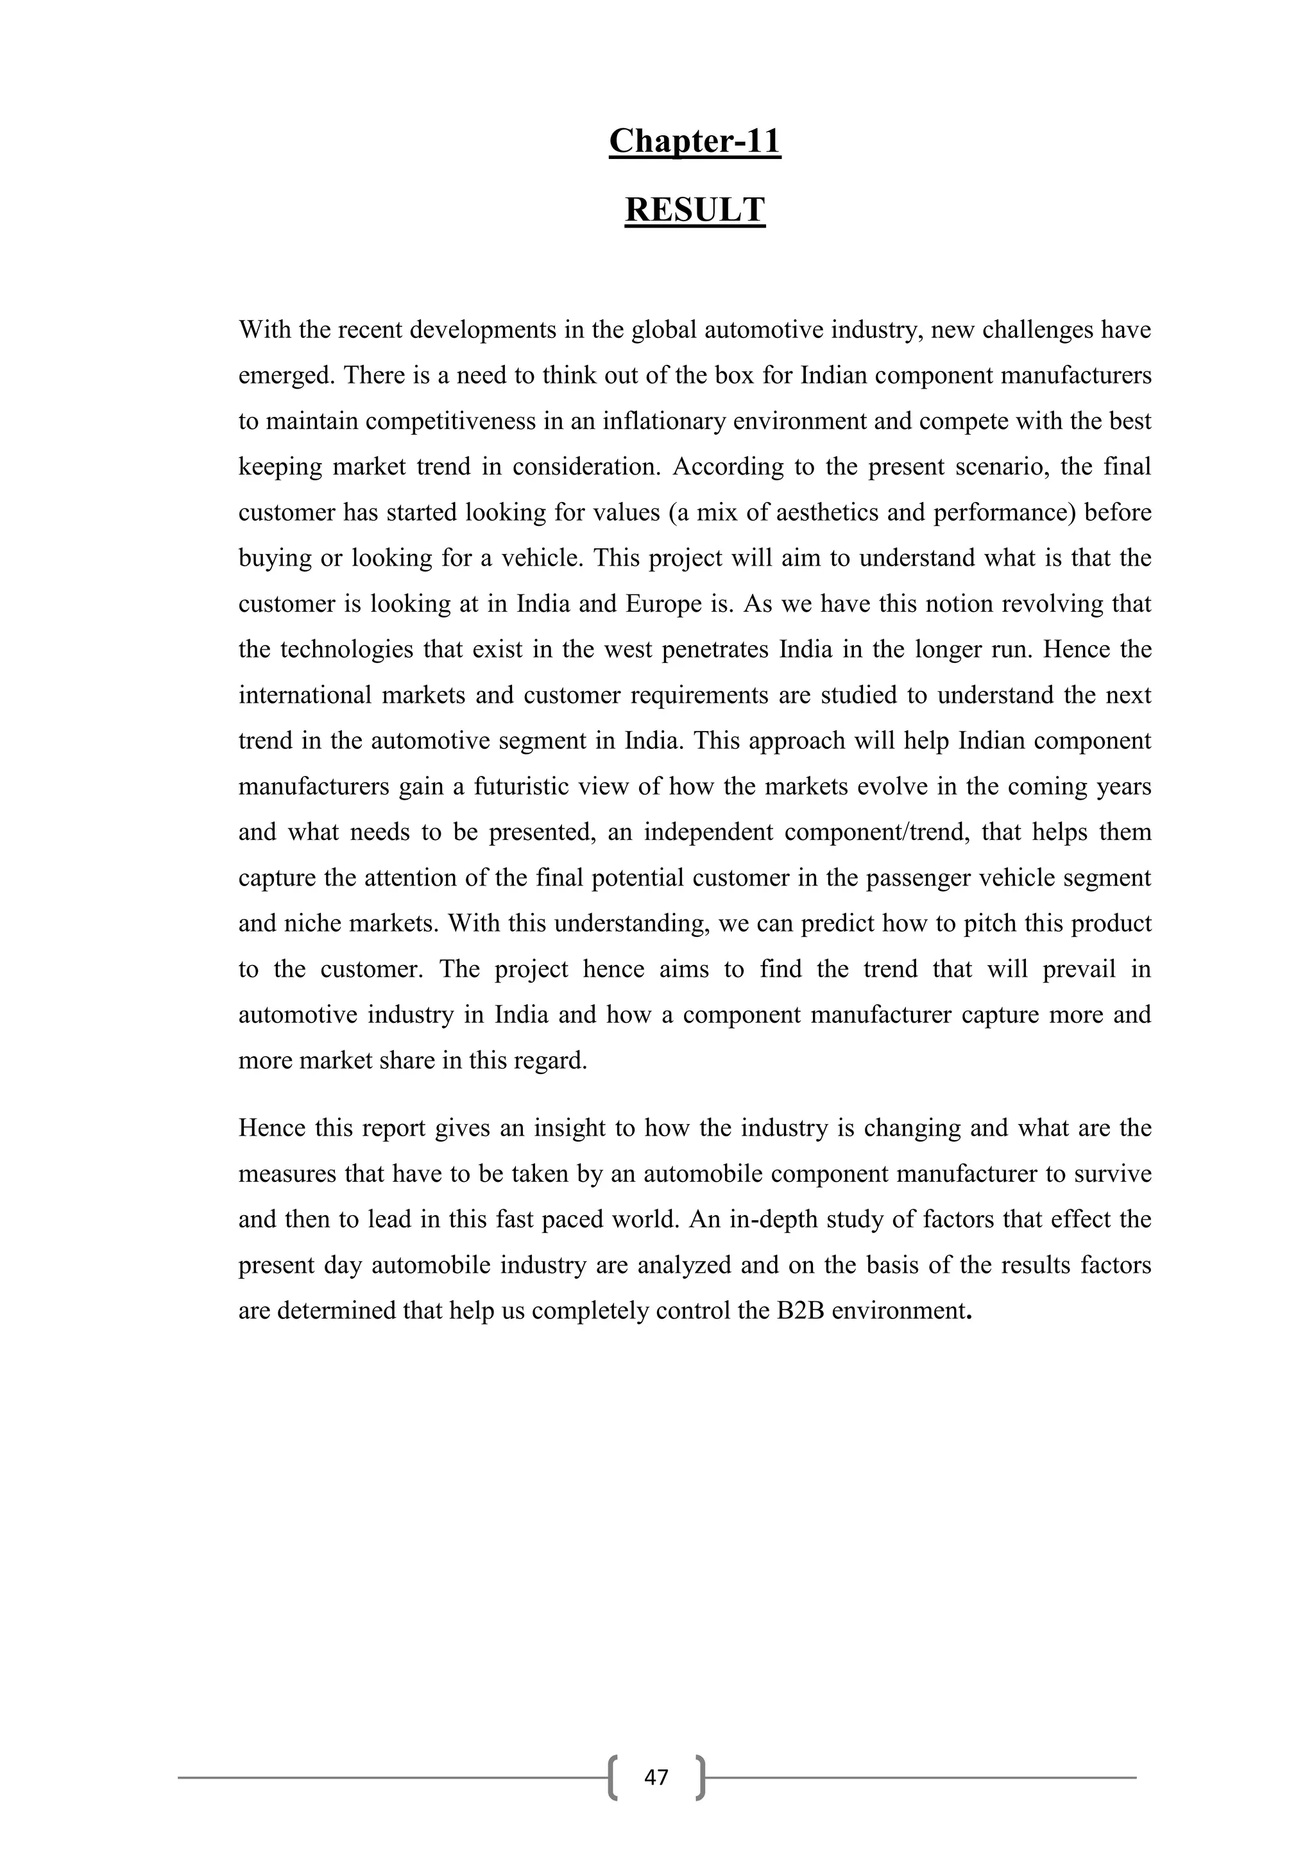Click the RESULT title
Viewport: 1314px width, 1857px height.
tap(694, 210)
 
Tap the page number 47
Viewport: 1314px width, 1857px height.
tap(656, 1777)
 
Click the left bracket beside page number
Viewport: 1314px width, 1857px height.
tap(613, 1777)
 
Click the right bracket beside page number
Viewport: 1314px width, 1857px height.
tap(700, 1777)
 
